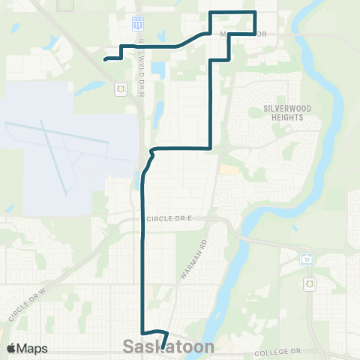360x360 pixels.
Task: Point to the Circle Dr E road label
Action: pos(169,217)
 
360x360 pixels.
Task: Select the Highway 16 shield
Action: pos(306,259)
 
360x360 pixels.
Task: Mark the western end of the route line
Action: pos(104,58)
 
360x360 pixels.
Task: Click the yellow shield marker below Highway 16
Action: pos(310,284)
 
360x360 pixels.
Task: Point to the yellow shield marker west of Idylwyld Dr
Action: pos(120,89)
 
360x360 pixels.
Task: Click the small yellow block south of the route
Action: pos(226,171)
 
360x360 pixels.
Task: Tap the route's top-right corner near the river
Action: pos(256,13)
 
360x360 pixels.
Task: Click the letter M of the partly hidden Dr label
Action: pos(222,34)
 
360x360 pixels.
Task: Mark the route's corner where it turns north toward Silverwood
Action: pos(209,148)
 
